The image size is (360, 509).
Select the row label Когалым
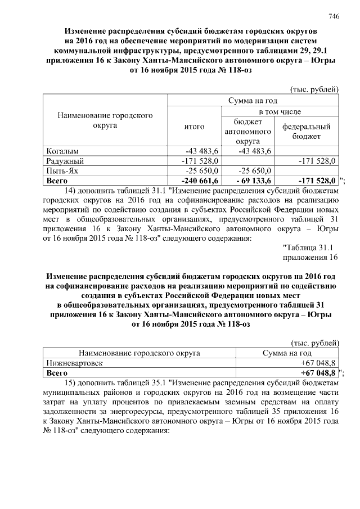(x=62, y=151)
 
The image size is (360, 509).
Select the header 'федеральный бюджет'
(x=306, y=132)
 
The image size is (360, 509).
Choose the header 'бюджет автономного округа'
(x=248, y=132)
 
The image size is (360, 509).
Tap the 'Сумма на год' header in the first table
(x=253, y=100)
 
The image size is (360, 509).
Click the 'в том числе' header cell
(x=279, y=112)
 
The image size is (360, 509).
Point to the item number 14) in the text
(x=70, y=191)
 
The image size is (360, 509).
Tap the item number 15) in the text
(x=70, y=382)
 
